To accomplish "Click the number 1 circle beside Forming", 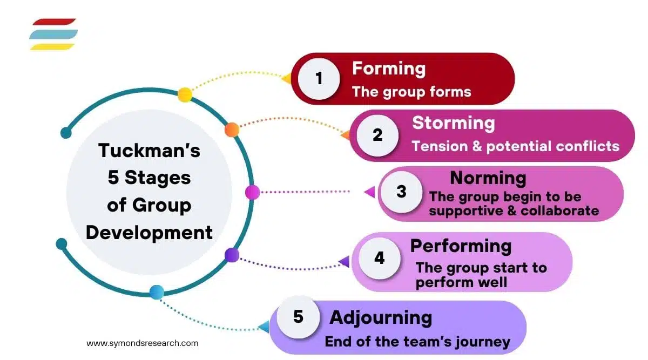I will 319,79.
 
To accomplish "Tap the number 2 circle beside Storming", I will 377,134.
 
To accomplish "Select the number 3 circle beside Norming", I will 401,192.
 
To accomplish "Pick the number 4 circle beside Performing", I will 379,258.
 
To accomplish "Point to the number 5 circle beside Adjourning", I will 299,317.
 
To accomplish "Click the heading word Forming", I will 388,69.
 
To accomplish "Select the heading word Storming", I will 453,123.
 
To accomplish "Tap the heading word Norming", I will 488,178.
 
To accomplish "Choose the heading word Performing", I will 461,246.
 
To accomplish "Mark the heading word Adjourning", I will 380,317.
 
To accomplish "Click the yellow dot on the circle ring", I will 185,95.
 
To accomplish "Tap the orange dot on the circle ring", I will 232,130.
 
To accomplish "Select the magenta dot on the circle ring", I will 252,192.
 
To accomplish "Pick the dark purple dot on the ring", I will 232,255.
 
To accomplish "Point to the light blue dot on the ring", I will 157,292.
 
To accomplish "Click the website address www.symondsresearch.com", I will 142,343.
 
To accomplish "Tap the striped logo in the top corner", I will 53,34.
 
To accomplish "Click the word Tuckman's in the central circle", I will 149,150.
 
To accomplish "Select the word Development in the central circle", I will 149,233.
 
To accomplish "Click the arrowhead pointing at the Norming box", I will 370,192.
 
